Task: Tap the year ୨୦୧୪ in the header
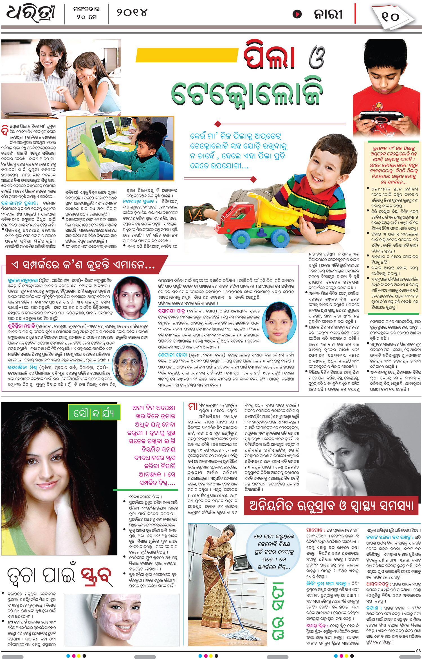pyautogui.click(x=132, y=12)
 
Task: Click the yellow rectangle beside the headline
pyautogui.click(x=187, y=55)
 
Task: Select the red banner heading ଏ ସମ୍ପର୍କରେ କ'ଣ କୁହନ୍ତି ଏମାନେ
pyautogui.click(x=84, y=265)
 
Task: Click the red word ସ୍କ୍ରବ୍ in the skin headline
pyautogui.click(x=96, y=575)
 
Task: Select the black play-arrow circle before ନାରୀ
pyautogui.click(x=297, y=14)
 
